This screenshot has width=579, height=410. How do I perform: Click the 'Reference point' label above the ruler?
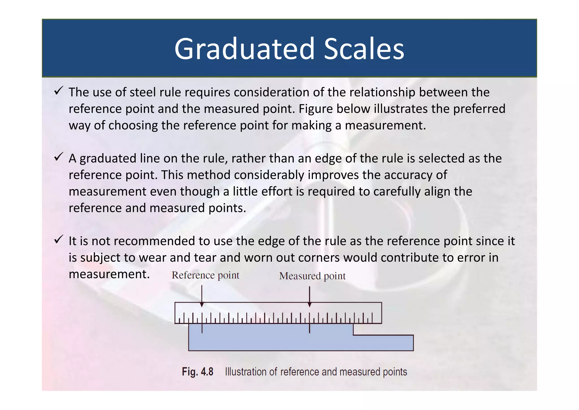coord(206,275)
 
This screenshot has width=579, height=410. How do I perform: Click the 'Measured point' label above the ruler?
coord(312,276)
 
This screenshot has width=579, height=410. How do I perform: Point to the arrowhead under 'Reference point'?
coord(202,305)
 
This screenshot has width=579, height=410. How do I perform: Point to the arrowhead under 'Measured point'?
coord(310,305)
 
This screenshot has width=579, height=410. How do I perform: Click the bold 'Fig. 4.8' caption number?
coord(197,371)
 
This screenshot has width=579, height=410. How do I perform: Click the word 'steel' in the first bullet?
coord(143,92)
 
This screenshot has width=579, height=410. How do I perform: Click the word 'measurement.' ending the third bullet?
coord(109,274)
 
